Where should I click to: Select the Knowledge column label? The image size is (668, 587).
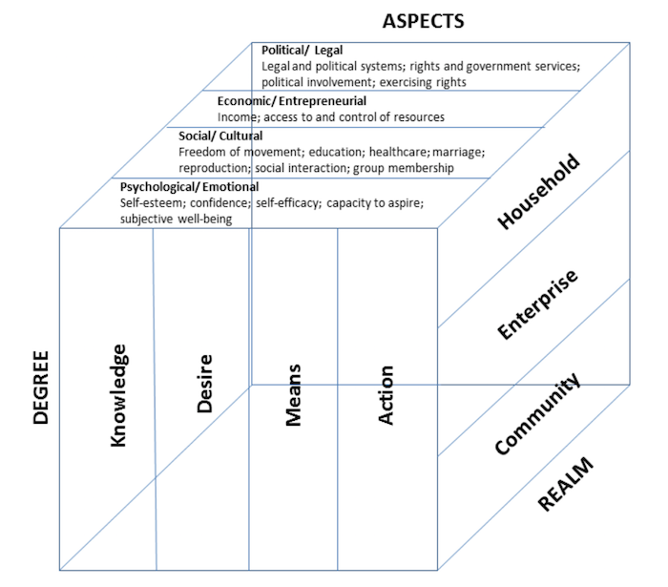pos(118,395)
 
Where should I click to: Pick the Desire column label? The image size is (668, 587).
pos(204,384)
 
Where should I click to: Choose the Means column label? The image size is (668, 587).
pos(293,394)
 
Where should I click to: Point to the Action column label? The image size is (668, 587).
pos(386,395)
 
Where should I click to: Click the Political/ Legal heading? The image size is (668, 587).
pos(302,51)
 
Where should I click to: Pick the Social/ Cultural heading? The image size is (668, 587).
pos(220,136)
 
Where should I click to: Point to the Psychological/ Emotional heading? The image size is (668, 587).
pos(177,186)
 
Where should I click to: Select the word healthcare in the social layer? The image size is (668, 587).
pos(402,152)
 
